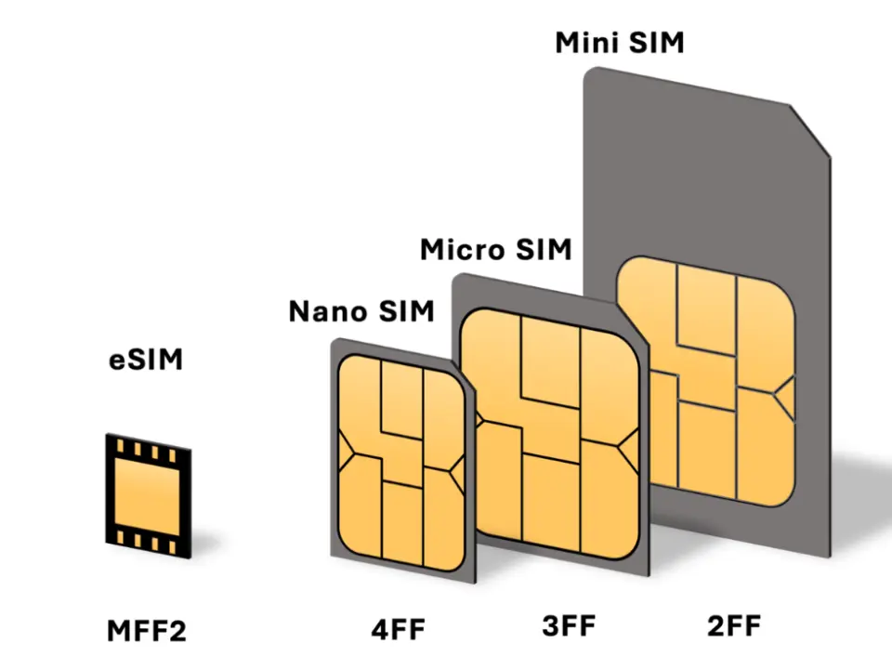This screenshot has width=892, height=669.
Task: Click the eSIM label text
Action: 145,360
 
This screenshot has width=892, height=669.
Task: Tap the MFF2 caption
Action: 146,631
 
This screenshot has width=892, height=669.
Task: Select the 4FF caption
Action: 397,629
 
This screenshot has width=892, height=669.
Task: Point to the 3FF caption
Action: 568,625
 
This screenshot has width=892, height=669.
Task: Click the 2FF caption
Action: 733,625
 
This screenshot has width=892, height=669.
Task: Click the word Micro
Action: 460,250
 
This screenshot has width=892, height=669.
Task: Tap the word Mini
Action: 589,43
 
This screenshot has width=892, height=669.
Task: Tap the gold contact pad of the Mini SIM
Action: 706,381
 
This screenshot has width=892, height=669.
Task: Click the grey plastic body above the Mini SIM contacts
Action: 688,167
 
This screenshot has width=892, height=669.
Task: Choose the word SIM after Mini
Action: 654,43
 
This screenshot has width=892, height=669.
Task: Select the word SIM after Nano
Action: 404,311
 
